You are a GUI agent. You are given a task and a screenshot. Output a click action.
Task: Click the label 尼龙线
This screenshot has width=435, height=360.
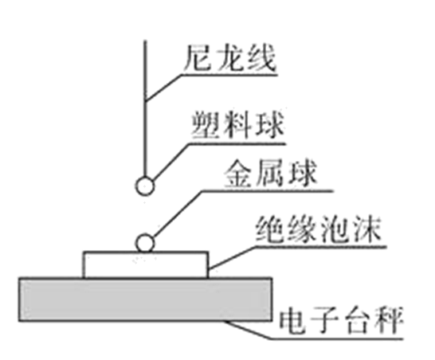[x=229, y=57]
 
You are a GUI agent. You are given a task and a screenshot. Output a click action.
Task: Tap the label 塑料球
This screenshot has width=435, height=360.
[x=238, y=125]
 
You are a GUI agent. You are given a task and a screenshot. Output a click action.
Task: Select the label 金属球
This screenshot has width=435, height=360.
[x=270, y=174]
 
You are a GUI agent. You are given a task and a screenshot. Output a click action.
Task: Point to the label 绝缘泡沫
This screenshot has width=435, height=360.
[x=318, y=230]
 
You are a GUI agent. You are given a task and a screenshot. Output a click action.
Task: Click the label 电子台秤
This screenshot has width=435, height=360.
[x=341, y=321]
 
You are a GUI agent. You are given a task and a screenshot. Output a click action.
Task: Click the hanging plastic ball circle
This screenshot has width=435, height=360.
[x=145, y=186]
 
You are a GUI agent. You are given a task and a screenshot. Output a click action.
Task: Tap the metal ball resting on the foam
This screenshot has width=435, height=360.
[x=144, y=243]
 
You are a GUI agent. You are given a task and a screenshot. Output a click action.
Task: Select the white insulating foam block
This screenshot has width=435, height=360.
[x=145, y=264]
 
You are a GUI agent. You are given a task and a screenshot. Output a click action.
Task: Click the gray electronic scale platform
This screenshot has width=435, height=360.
[x=145, y=299]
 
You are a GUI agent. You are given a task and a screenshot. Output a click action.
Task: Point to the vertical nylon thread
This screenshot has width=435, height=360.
[x=145, y=109]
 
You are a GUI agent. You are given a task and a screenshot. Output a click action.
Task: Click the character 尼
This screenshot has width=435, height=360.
[x=198, y=57]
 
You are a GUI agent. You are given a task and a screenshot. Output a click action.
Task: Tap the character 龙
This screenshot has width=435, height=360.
[x=229, y=57]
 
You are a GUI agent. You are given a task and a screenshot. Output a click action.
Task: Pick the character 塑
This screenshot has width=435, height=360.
[x=206, y=125]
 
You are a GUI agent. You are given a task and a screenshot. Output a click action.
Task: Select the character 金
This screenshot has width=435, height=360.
[x=238, y=174]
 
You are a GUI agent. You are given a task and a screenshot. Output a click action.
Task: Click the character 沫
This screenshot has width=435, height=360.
[x=366, y=230]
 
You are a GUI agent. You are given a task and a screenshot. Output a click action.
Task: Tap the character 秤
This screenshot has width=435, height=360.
[x=389, y=321]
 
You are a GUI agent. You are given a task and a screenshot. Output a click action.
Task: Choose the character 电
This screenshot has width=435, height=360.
[x=293, y=321]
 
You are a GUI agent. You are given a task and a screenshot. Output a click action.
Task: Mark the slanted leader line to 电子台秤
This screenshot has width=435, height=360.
[x=248, y=330]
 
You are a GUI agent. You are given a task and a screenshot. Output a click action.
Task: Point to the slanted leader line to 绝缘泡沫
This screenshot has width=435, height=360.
[x=232, y=257]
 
